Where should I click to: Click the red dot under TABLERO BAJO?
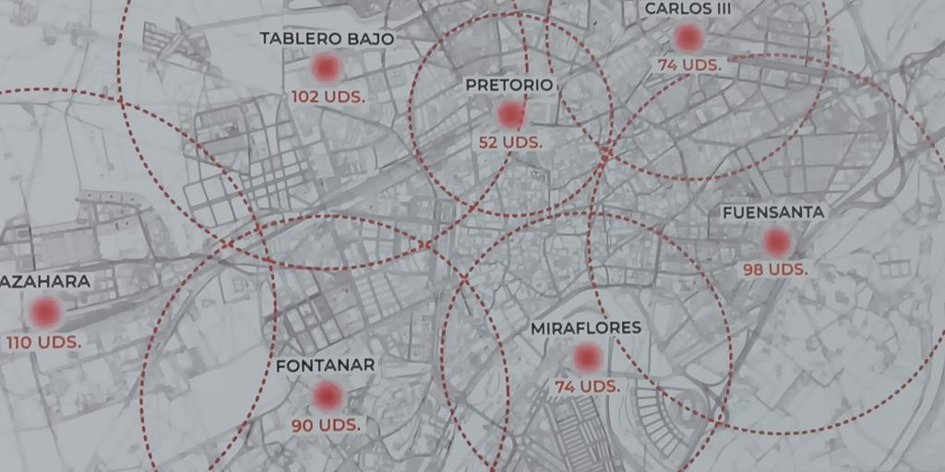tap(327, 67)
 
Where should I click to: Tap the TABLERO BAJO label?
tap(327, 39)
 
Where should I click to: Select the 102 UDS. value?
tap(328, 96)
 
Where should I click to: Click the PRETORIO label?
tap(508, 85)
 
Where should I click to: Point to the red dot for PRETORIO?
tap(510, 114)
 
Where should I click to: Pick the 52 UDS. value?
tap(510, 143)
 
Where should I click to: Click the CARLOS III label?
tap(688, 8)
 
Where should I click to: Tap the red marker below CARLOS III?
tap(688, 38)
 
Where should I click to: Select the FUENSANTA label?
tap(773, 212)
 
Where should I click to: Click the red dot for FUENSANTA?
tap(777, 242)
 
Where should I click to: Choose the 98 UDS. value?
tap(775, 270)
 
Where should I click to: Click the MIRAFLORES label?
tap(585, 328)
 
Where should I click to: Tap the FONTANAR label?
tap(326, 365)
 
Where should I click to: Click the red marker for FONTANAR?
tap(327, 395)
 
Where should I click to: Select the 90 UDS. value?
tap(327, 425)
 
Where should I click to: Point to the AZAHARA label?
tap(46, 282)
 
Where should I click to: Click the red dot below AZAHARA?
tap(44, 313)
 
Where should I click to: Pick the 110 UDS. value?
tap(43, 342)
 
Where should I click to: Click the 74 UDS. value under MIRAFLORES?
tap(587, 386)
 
